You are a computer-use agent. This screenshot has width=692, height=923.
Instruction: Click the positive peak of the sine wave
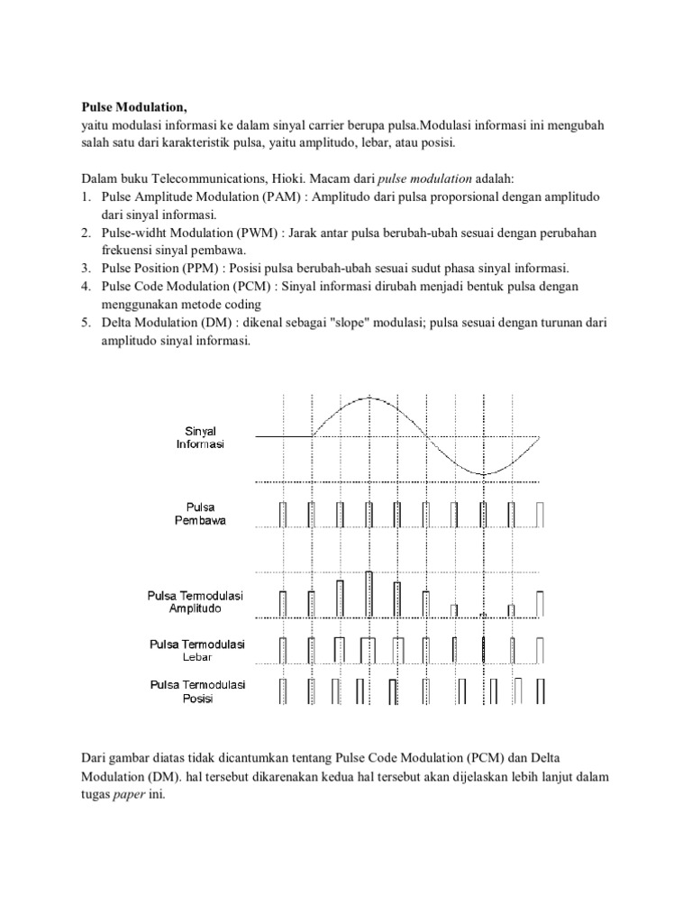point(369,398)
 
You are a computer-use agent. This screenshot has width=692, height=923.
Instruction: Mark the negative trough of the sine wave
point(483,474)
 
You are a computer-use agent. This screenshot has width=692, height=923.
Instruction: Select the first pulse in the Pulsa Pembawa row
point(283,513)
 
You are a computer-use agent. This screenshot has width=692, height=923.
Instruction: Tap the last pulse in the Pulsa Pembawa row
point(540,513)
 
